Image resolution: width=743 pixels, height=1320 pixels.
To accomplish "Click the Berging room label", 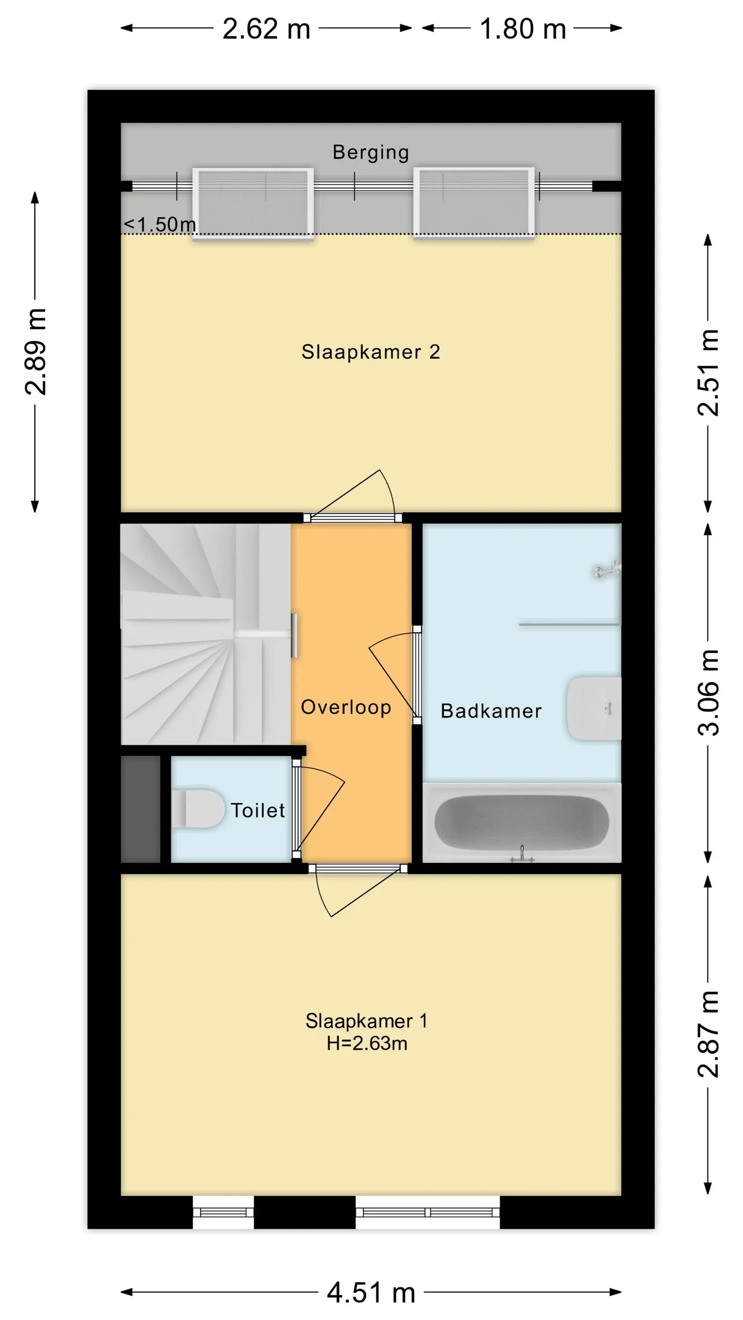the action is (371, 153).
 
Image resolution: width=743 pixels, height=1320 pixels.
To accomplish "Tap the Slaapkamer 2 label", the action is (371, 352).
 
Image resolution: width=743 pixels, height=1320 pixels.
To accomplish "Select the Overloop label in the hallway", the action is (346, 707).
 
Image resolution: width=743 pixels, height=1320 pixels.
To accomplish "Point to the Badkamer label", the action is (491, 711).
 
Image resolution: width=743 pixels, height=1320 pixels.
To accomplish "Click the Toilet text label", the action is (258, 810).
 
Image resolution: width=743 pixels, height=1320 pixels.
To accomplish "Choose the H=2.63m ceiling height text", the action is (367, 1043).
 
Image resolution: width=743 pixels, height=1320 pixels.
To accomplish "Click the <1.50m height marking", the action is (159, 224).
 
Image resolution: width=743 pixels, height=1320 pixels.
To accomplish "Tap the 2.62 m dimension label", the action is (266, 29).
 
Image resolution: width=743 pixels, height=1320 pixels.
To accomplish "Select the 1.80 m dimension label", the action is (522, 29).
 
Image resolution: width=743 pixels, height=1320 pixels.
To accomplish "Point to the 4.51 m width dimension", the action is (371, 1292).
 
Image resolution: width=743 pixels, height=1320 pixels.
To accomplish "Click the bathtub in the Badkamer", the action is (522, 822).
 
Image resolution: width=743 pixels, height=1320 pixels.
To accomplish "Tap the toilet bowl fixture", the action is (198, 809).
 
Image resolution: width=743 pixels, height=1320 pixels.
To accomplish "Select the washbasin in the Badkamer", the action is (594, 709).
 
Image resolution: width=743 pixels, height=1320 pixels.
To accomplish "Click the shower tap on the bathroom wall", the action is (607, 570).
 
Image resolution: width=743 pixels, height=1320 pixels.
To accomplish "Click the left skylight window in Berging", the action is (253, 203).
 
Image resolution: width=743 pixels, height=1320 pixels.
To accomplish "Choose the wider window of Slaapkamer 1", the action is (428, 1212).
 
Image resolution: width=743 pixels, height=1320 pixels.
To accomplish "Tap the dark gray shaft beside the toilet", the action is (140, 809).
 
